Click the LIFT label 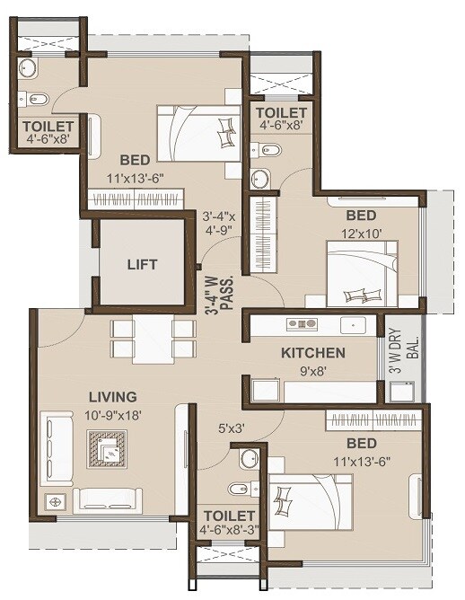click(x=142, y=264)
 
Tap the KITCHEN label click(x=313, y=352)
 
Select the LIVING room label click(x=112, y=396)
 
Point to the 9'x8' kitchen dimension click(x=313, y=370)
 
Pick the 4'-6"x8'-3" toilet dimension click(x=228, y=531)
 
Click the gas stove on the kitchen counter click(x=301, y=323)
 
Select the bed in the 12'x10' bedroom click(x=363, y=278)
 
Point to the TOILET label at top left click(x=48, y=126)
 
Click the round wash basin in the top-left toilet click(x=28, y=68)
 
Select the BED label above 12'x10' click(x=361, y=216)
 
